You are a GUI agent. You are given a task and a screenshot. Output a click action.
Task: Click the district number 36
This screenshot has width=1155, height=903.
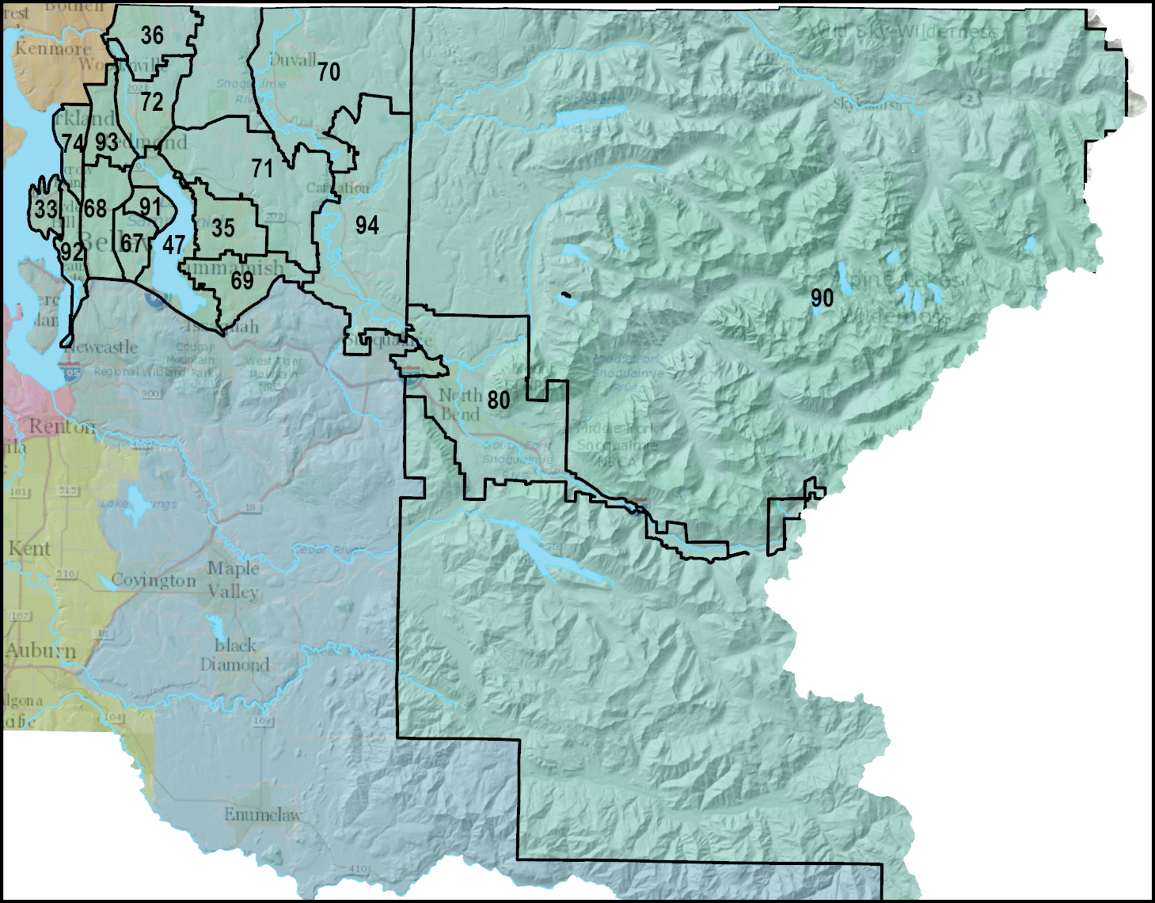(x=152, y=36)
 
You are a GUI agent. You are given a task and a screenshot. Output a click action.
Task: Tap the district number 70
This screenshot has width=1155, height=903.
(x=329, y=72)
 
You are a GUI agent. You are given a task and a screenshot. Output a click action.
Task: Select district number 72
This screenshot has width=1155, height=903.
(x=152, y=102)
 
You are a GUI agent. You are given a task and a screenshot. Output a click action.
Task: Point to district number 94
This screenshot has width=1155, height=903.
(x=367, y=226)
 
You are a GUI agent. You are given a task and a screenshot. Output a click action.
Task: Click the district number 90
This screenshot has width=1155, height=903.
(x=822, y=298)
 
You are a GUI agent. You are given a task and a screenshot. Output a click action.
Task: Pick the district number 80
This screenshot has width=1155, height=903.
(x=498, y=400)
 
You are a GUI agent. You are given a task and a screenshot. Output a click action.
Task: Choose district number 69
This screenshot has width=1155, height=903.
(x=242, y=281)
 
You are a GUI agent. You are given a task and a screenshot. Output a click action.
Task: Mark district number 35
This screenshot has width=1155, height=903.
(x=223, y=229)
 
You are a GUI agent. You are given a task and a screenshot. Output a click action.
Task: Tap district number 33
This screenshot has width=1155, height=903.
(x=46, y=210)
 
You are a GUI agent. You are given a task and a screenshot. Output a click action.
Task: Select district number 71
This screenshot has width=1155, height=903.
(x=262, y=169)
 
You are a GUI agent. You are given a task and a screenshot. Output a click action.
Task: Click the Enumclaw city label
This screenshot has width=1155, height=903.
(x=262, y=814)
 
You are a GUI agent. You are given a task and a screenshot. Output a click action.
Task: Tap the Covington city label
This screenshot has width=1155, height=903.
(x=154, y=581)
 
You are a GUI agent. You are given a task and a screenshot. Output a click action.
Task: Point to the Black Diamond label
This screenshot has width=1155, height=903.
(x=234, y=655)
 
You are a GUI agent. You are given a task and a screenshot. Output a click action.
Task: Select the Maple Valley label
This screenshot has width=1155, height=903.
(x=234, y=579)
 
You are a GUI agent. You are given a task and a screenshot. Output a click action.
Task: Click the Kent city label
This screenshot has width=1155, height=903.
(x=29, y=548)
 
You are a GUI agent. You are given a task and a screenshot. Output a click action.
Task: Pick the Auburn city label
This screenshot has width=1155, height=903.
(x=41, y=651)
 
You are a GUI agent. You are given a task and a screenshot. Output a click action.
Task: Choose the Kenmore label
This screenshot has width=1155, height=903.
(x=52, y=48)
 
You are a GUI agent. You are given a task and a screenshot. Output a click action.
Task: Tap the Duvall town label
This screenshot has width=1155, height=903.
(x=292, y=60)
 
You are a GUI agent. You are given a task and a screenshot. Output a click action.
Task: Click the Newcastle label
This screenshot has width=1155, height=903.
(x=102, y=347)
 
